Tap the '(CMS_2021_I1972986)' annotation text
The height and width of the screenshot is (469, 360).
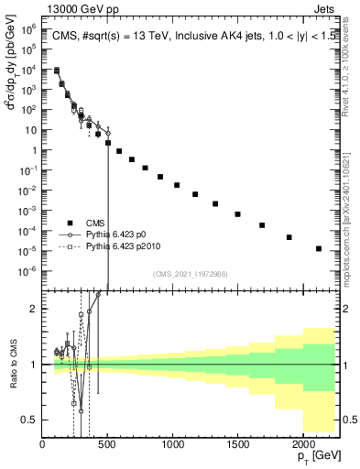(191, 274)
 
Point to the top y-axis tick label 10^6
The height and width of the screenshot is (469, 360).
(28, 28)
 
